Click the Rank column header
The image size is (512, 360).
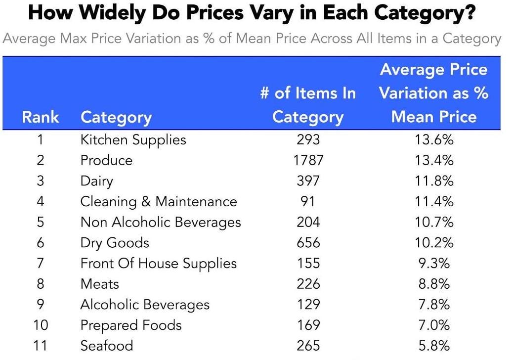[40, 117]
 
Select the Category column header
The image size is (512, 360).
[116, 117]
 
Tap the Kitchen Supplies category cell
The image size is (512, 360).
[133, 140]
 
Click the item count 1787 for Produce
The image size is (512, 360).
[308, 160]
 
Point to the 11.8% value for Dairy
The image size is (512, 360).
[433, 181]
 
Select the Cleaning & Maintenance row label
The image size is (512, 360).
[159, 202]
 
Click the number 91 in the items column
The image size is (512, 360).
[308, 202]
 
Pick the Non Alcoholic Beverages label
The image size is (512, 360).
[161, 223]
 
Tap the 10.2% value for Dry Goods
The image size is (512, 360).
[433, 243]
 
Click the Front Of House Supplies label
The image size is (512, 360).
[159, 264]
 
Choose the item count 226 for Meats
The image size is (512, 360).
[308, 284]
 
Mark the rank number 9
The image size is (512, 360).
[40, 305]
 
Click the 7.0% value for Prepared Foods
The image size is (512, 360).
[433, 325]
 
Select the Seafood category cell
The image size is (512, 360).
[107, 346]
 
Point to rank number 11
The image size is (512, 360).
[40, 346]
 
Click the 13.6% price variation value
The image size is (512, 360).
[433, 140]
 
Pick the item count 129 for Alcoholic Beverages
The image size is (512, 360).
[308, 305]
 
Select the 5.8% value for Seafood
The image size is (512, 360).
[433, 346]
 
